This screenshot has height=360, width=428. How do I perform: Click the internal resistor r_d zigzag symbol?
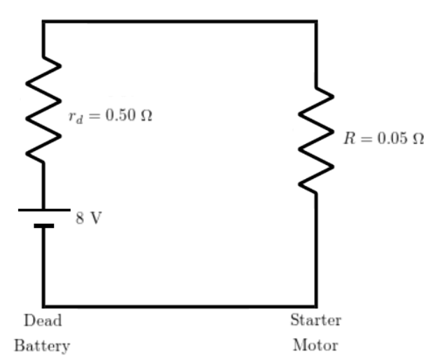(43, 110)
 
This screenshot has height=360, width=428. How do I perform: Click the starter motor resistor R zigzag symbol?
(316, 141)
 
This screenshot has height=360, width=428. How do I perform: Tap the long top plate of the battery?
(44, 210)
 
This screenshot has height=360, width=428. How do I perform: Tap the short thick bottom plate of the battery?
(44, 226)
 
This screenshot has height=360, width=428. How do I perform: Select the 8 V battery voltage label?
(89, 218)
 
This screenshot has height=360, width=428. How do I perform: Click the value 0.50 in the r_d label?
(120, 115)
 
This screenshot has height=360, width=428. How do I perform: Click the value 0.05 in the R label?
(393, 138)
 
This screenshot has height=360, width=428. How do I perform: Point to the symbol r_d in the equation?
(76, 117)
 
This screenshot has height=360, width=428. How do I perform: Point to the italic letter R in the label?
(350, 138)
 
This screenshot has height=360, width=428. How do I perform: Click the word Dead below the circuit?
(43, 320)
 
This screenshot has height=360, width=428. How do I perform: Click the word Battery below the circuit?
(42, 346)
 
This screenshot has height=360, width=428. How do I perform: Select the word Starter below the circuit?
(316, 320)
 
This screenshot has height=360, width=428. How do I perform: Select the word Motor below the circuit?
(315, 345)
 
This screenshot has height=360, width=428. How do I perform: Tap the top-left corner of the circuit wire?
(43, 22)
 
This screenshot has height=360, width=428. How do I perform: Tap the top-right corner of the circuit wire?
(316, 22)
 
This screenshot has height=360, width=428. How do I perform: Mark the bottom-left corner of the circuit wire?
(43, 306)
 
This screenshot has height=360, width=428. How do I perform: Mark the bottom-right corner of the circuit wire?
(316, 306)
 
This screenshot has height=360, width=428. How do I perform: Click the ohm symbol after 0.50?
(146, 115)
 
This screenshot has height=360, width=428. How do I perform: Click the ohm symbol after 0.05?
(418, 138)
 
